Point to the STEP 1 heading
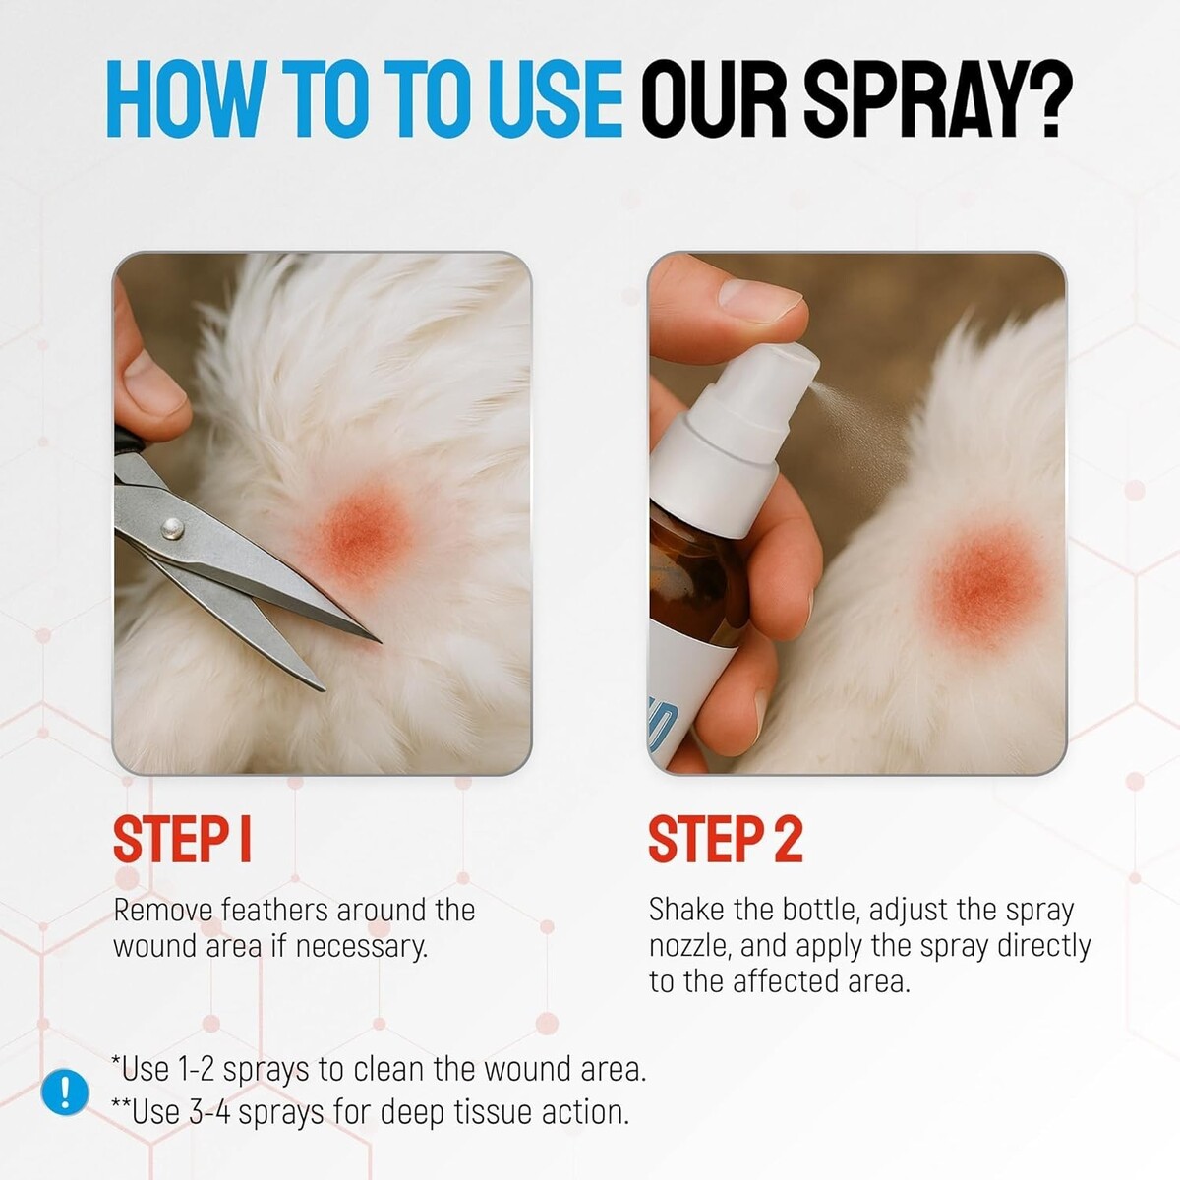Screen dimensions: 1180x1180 [182, 840]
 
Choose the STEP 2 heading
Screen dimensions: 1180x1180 [725, 840]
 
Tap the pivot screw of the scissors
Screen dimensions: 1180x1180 [172, 528]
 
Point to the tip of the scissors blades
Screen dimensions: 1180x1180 [379, 641]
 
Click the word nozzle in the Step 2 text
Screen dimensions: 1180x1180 [688, 947]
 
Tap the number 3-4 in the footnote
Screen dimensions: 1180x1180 [209, 1112]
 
